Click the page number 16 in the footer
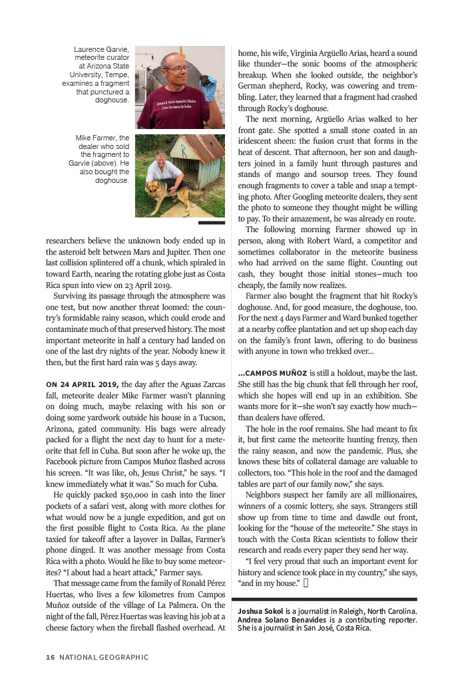click(50, 658)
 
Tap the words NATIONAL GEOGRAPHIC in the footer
click(104, 658)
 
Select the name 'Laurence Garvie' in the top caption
click(101, 50)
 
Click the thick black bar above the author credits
click(327, 599)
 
